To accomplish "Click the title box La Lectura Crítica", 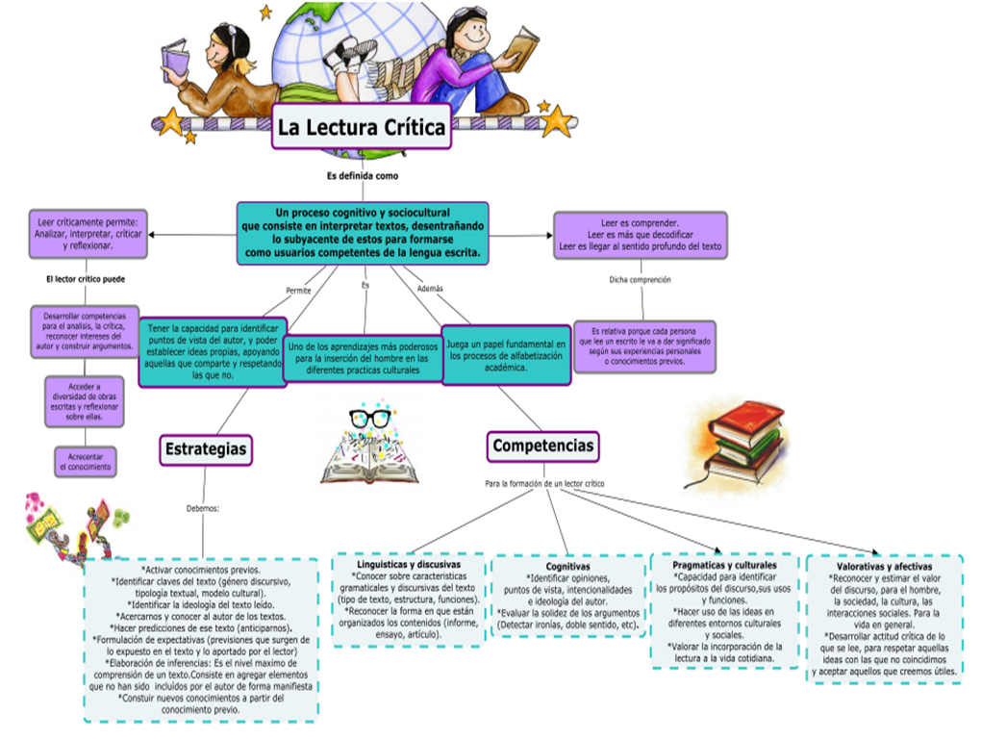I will click(361, 126).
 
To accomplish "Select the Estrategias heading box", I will click(206, 448).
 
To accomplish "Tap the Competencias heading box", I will click(542, 446).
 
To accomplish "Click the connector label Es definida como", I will click(362, 176).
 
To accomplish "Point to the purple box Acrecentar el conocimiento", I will click(86, 461).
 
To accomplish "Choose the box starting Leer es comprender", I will click(640, 235).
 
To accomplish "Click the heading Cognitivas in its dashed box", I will click(566, 568).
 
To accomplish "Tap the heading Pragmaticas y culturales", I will click(724, 566).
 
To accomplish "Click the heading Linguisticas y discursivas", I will click(410, 564).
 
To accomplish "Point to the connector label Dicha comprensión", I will click(640, 280).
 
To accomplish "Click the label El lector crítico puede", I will click(86, 280).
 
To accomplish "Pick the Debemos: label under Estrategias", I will click(203, 507).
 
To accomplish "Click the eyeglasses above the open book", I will click(370, 419).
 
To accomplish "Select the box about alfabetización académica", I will click(507, 355).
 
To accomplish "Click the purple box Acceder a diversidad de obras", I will click(86, 399).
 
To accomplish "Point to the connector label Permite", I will click(298, 290).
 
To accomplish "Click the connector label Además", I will click(430, 288).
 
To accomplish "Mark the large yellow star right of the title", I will click(557, 121).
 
